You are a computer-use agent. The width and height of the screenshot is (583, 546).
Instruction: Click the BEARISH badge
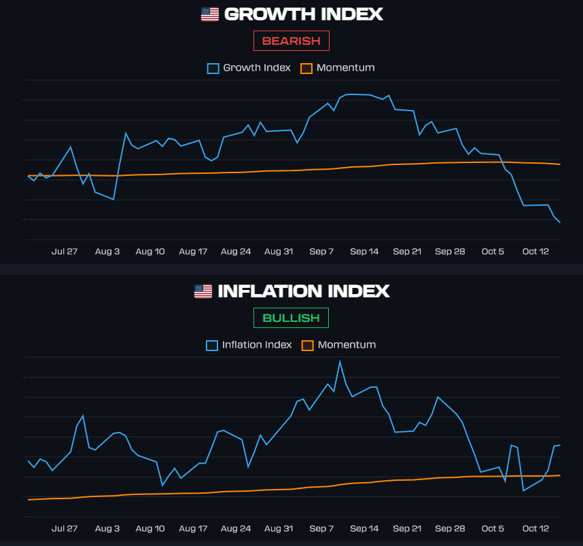[x=291, y=41]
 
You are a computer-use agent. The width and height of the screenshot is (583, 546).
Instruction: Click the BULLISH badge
[x=291, y=318]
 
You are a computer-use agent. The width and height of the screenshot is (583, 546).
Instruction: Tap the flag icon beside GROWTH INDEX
[x=210, y=14]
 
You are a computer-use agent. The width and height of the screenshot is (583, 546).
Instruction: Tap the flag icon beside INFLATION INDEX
[x=203, y=291]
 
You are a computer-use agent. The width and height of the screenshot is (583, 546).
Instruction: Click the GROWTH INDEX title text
[x=303, y=14]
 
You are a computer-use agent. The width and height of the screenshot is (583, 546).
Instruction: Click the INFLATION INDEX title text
[x=303, y=291]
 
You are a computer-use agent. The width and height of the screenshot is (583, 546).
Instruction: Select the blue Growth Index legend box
[x=213, y=68]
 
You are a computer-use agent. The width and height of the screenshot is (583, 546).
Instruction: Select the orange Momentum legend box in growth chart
[x=306, y=68]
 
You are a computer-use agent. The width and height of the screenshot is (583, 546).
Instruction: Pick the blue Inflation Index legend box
[x=212, y=345]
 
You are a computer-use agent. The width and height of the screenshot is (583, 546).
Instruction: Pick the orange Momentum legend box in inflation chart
[x=308, y=345]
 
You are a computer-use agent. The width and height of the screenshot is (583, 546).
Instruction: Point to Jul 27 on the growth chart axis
[x=65, y=251]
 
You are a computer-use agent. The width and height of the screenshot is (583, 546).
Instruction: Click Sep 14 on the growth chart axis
[x=364, y=251]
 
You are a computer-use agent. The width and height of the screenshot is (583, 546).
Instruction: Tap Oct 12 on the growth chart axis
[x=535, y=251]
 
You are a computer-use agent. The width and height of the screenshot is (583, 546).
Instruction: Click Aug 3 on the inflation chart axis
[x=107, y=528]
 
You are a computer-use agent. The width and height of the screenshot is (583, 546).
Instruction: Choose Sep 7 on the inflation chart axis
[x=321, y=528]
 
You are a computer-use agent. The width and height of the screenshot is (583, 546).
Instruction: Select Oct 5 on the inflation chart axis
[x=493, y=528]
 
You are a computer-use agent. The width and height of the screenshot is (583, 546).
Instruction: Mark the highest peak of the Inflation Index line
[x=340, y=361]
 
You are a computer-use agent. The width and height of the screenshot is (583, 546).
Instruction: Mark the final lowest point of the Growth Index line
[x=560, y=222]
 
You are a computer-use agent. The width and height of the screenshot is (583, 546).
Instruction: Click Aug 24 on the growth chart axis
[x=236, y=251]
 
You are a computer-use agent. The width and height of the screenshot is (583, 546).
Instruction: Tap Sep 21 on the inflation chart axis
[x=407, y=528]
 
